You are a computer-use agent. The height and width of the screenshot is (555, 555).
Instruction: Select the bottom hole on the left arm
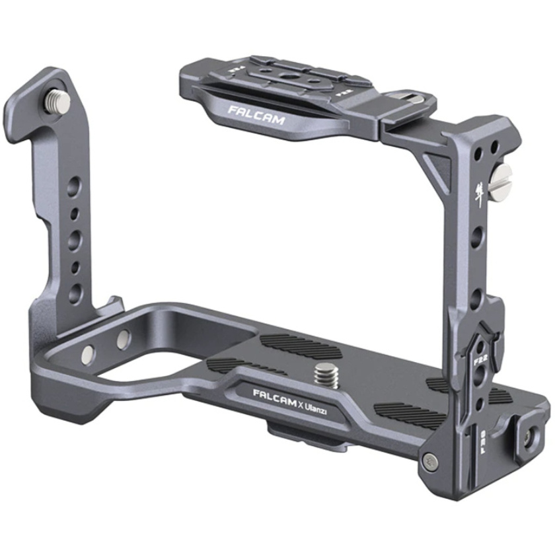click(x=77, y=291)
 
